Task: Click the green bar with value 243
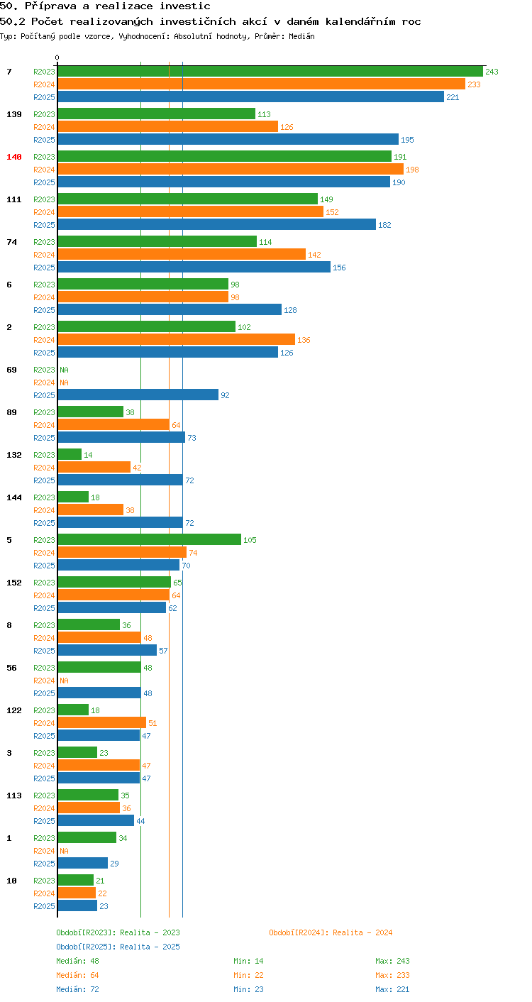pos(270,72)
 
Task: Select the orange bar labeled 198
pos(231,170)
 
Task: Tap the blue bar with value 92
pos(138,395)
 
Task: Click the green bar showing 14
pos(70,454)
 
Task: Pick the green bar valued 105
pos(150,540)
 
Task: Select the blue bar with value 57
pos(107,651)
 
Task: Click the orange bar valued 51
pos(102,723)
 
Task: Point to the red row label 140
pos(14,157)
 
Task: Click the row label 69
pos(11,370)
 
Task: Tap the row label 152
pos(14,583)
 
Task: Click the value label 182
pos(384,225)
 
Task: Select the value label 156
pos(339,268)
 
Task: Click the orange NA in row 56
pos(64,681)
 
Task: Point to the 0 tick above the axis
pos(57,57)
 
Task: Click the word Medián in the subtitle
pos(301,36)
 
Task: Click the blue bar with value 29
pos(83,864)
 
